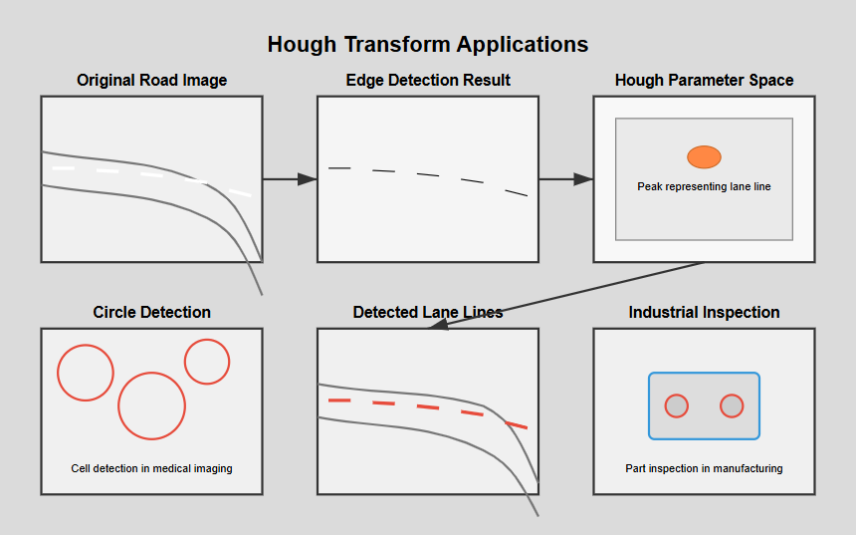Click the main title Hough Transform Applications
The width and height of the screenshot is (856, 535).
pos(428,45)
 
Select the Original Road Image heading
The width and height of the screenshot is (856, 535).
pos(151,81)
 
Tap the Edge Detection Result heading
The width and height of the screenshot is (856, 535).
pos(428,81)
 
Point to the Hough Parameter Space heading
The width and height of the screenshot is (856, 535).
pos(704,81)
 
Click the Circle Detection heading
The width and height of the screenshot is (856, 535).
pos(151,313)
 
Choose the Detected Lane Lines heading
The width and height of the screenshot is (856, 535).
pos(428,313)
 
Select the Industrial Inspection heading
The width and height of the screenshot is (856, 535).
pos(704,313)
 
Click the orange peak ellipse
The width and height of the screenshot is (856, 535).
pos(704,156)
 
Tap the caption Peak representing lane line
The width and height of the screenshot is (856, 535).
pos(704,186)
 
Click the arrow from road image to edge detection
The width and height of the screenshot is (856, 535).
pos(289,179)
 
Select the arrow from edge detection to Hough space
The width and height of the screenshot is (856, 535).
pos(565,179)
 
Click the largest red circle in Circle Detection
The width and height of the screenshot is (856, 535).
pos(151,405)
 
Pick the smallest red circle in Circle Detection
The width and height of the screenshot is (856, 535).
pos(207,362)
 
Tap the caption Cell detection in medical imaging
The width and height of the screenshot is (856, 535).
pos(151,468)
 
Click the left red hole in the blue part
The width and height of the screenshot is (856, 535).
pos(676,405)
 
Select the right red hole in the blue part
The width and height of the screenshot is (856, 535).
pos(732,405)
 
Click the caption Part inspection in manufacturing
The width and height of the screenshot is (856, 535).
pos(704,468)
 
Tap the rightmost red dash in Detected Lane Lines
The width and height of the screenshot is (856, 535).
pos(516,424)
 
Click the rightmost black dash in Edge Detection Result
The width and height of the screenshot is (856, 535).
pos(516,192)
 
